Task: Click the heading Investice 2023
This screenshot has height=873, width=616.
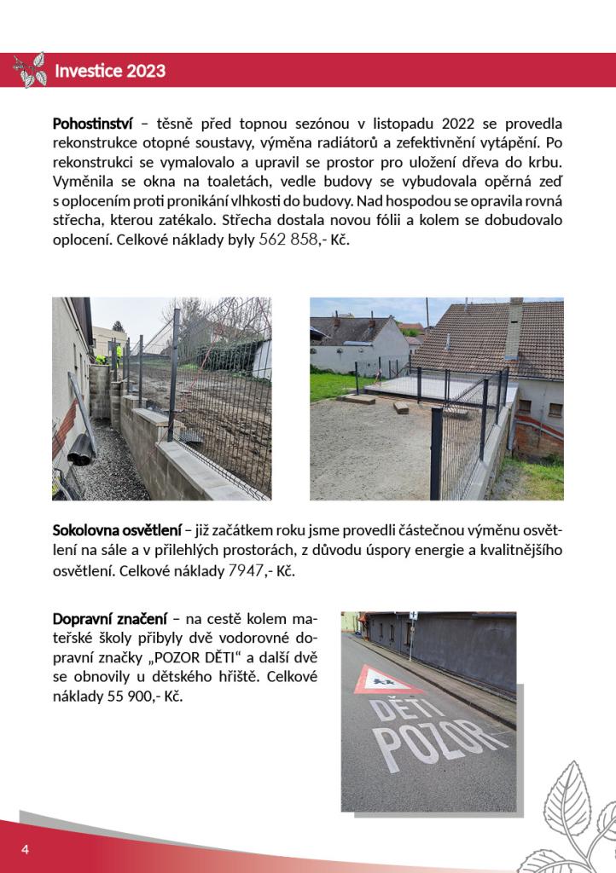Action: (x=110, y=71)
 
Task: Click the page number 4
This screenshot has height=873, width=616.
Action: (x=26, y=850)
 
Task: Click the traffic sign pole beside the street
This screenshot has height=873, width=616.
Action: (x=411, y=636)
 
